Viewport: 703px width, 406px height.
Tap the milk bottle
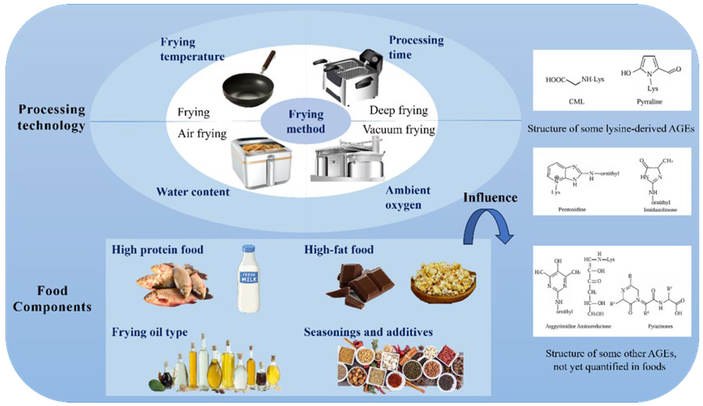249,279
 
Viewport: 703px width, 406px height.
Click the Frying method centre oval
306,121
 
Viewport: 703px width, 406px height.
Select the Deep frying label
399,110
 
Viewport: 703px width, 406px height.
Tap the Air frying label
202,134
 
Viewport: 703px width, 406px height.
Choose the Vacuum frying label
399,130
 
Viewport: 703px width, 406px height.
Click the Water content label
193,192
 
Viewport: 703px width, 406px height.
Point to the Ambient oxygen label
408,197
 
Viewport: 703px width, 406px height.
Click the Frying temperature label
192,49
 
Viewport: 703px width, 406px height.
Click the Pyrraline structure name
649,102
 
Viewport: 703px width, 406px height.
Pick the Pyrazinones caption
660,326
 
